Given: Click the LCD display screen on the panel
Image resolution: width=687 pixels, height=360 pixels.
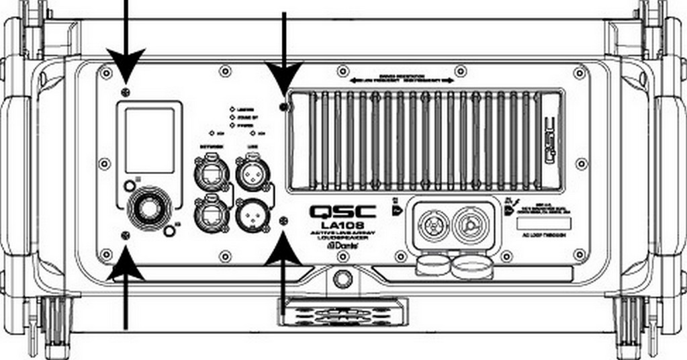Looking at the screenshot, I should click(x=149, y=140).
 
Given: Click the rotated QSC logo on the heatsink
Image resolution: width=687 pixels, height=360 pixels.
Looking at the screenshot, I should click(x=549, y=140).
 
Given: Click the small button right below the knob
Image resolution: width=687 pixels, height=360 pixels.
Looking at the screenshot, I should click(x=169, y=231).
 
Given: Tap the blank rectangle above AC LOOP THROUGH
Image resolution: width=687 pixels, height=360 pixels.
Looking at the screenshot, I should click(x=545, y=222).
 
